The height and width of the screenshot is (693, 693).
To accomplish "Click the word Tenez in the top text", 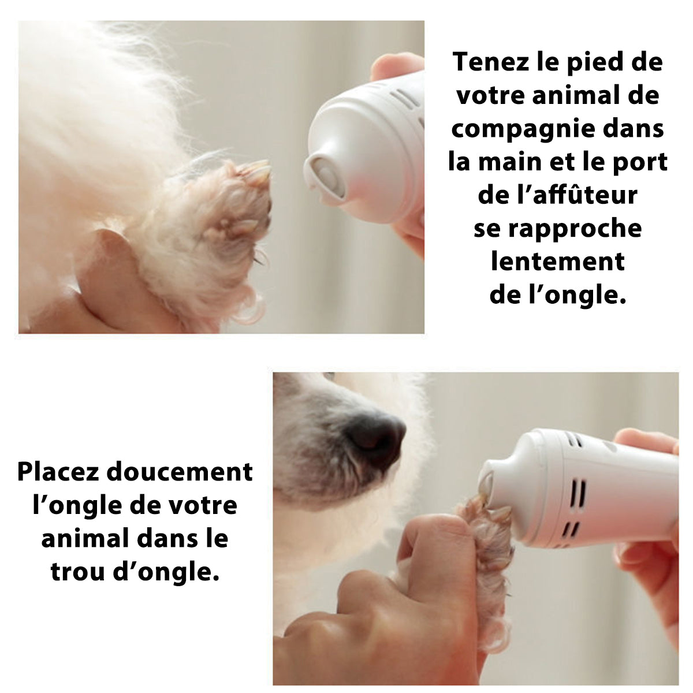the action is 491,62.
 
